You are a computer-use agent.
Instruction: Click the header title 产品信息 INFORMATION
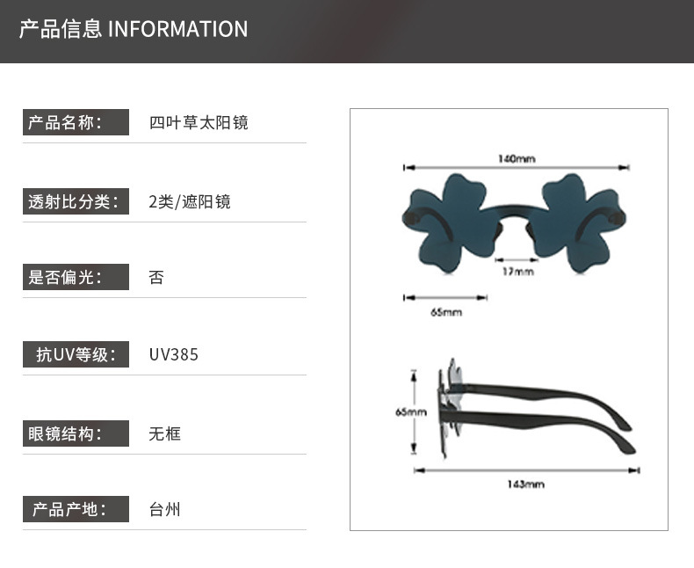(134, 29)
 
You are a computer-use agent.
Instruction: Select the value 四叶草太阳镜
(199, 122)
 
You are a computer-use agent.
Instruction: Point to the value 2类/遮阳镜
(190, 201)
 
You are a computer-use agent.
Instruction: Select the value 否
(157, 278)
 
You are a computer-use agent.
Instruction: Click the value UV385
(174, 355)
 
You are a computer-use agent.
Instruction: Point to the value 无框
(165, 433)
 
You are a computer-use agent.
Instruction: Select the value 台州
(165, 509)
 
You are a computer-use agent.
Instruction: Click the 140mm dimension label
(517, 159)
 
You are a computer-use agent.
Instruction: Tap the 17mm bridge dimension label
(517, 272)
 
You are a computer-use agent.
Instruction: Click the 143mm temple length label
(525, 484)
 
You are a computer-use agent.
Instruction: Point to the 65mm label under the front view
(446, 312)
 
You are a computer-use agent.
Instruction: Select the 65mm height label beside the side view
(410, 411)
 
